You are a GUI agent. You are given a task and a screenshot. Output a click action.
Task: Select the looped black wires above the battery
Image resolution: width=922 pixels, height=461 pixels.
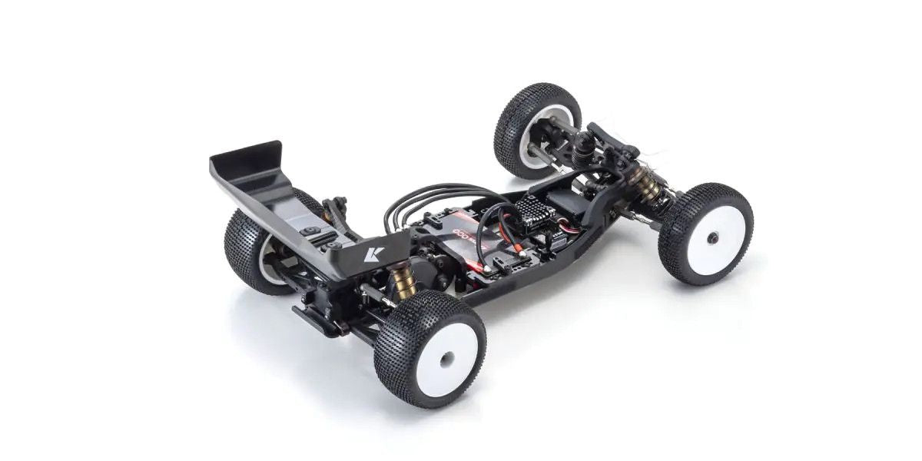(430, 198)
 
